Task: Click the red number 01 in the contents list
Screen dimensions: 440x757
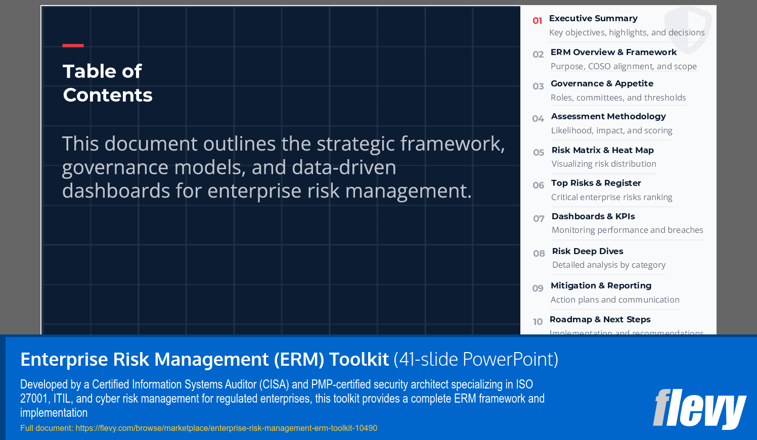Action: (x=537, y=21)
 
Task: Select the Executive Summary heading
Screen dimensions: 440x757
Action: (x=593, y=18)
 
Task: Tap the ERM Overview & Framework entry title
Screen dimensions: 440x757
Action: (x=613, y=52)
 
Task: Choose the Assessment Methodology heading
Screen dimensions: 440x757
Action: (x=608, y=116)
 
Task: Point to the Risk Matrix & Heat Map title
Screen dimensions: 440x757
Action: (x=602, y=150)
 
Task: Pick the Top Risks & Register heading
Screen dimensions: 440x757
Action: (x=596, y=183)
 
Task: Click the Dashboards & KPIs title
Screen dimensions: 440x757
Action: (x=593, y=216)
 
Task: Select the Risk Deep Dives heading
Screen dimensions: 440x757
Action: (x=587, y=251)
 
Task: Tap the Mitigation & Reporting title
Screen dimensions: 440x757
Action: (x=601, y=285)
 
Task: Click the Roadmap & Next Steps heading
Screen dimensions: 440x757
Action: (x=600, y=319)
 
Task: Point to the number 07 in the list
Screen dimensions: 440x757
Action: (x=539, y=219)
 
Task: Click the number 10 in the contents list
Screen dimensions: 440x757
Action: (x=538, y=322)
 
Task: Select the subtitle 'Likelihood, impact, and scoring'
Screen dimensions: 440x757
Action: (x=611, y=130)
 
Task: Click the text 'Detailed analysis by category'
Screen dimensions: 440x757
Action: (x=608, y=265)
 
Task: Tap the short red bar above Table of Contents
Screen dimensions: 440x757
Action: (x=73, y=45)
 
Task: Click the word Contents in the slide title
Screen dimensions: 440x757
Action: (x=107, y=95)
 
